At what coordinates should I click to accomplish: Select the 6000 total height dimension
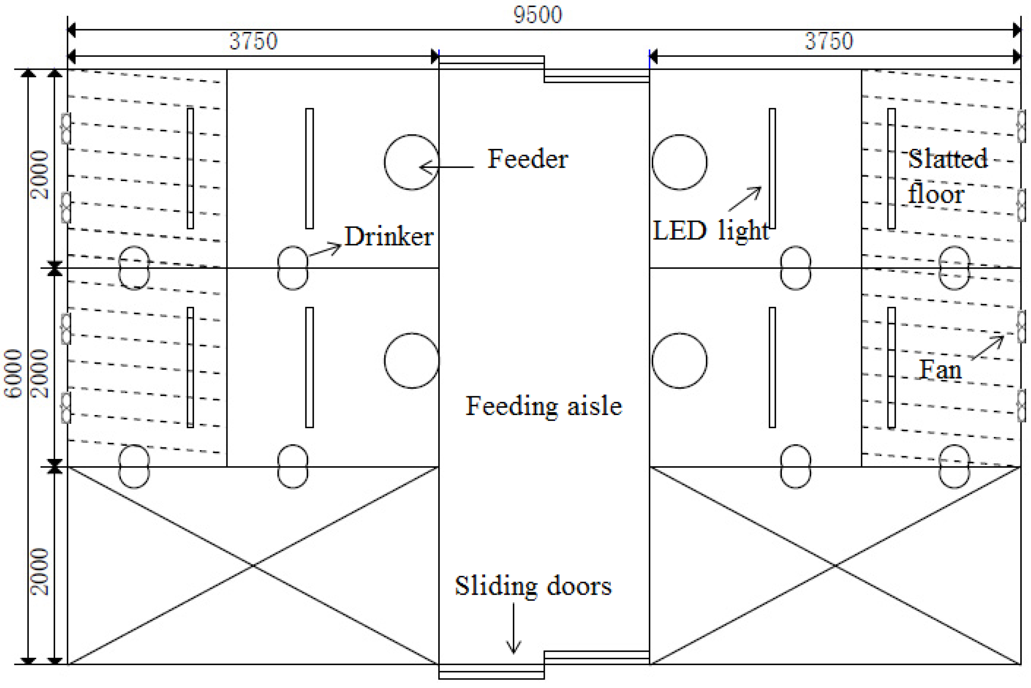[x=13, y=374]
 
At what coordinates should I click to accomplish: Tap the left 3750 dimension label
[x=253, y=41]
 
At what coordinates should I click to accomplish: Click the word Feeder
[x=528, y=159]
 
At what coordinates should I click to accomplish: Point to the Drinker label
[x=389, y=237]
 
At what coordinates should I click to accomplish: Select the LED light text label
[x=710, y=231]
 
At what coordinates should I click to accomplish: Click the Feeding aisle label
[x=544, y=406]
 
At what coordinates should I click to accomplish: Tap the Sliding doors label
[x=533, y=586]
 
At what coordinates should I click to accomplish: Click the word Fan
[x=940, y=370]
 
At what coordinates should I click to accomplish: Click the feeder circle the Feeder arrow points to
[x=412, y=162]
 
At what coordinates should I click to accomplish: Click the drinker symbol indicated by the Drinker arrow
[x=293, y=268]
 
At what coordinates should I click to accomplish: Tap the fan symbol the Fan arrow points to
[x=1021, y=327]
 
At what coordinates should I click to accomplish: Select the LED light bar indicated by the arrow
[x=772, y=168]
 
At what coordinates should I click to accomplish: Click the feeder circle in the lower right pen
[x=679, y=361]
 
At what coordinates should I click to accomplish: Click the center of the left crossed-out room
[x=253, y=566]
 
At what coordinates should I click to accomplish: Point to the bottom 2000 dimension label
[x=40, y=572]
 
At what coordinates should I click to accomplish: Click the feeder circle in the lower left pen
[x=412, y=361]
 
